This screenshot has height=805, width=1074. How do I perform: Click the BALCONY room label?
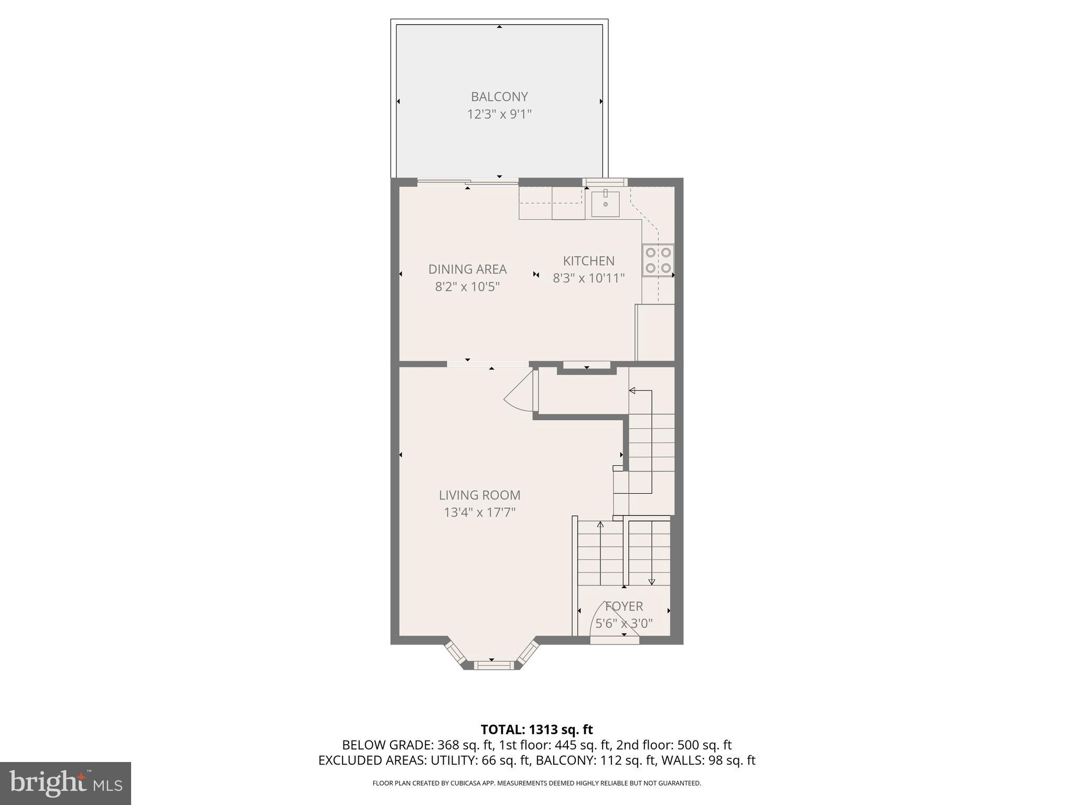point(499,96)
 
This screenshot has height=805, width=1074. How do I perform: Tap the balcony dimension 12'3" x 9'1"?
point(499,114)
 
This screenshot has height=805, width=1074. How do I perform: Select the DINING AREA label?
point(467,269)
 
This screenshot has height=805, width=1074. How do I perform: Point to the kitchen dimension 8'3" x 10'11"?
point(588,278)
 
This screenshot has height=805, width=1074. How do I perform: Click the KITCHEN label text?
point(588,260)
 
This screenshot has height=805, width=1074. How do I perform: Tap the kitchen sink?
point(605,204)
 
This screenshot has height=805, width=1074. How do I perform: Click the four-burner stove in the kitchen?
point(658,260)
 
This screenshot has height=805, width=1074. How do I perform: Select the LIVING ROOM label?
point(479,495)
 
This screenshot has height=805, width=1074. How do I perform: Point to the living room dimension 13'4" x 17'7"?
point(479,512)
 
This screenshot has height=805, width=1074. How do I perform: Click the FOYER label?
point(624,606)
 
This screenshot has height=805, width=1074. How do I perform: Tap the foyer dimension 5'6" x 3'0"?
point(624,623)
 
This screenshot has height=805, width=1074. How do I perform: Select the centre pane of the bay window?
point(492,665)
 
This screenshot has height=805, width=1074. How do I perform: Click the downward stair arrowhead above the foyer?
point(651,582)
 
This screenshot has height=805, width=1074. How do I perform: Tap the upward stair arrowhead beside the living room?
point(600,524)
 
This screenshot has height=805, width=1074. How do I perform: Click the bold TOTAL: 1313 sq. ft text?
point(536,730)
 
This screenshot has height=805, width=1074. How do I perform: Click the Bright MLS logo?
point(66,784)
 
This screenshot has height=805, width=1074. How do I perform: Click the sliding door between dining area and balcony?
point(468,182)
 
